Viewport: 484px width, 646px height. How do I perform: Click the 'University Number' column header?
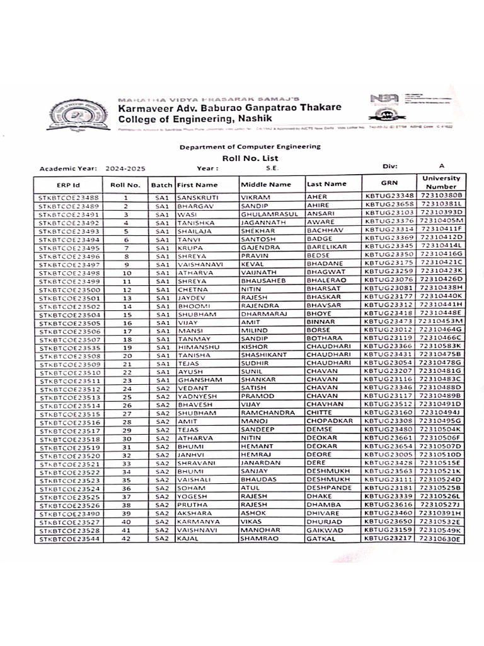point(441,182)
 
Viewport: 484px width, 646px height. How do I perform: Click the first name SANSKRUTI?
point(198,197)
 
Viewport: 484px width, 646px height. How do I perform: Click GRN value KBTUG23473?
point(389,321)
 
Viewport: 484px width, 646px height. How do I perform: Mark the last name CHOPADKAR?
point(330,421)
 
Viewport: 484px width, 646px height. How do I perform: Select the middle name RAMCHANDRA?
point(268,413)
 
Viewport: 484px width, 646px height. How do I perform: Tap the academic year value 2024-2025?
point(126,169)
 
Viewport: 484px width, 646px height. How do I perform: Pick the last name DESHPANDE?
point(330,488)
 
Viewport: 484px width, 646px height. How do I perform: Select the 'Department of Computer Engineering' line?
point(250,146)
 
